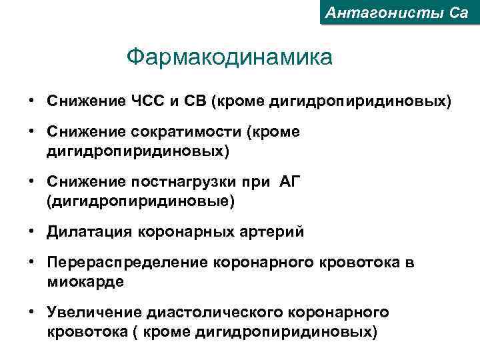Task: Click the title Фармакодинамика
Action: click(229, 57)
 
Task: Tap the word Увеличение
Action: click(93, 312)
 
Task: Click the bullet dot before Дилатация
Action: click(32, 231)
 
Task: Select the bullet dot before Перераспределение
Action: click(32, 263)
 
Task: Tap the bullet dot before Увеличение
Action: click(32, 312)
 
